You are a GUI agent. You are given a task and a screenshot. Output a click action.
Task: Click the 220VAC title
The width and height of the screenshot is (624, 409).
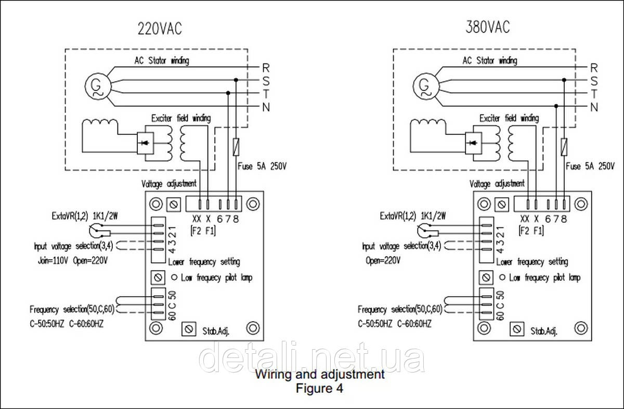pyautogui.click(x=160, y=28)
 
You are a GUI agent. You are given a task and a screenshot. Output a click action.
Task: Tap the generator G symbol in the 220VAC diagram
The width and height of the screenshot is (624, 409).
pyautogui.click(x=96, y=85)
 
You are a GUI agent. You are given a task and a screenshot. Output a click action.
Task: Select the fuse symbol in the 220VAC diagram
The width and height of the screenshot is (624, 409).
pyautogui.click(x=237, y=146)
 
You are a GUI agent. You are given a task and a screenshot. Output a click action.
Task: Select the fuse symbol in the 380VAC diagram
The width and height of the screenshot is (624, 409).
pyautogui.click(x=565, y=146)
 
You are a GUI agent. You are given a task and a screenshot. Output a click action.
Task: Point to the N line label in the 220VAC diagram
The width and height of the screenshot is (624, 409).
pyautogui.click(x=266, y=108)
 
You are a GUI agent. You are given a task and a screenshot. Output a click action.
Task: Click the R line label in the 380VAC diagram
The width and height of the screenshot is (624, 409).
pyautogui.click(x=594, y=68)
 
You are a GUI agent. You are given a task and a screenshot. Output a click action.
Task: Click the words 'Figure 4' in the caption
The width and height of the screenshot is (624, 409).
pyautogui.click(x=319, y=388)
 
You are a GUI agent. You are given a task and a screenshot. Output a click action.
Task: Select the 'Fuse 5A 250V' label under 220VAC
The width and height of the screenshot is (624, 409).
pyautogui.click(x=262, y=167)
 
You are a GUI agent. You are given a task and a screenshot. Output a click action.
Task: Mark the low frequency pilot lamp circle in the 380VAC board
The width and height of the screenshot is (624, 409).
pyautogui.click(x=501, y=277)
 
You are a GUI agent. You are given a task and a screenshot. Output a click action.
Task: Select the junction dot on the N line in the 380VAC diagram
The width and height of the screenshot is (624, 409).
pyautogui.click(x=556, y=106)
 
